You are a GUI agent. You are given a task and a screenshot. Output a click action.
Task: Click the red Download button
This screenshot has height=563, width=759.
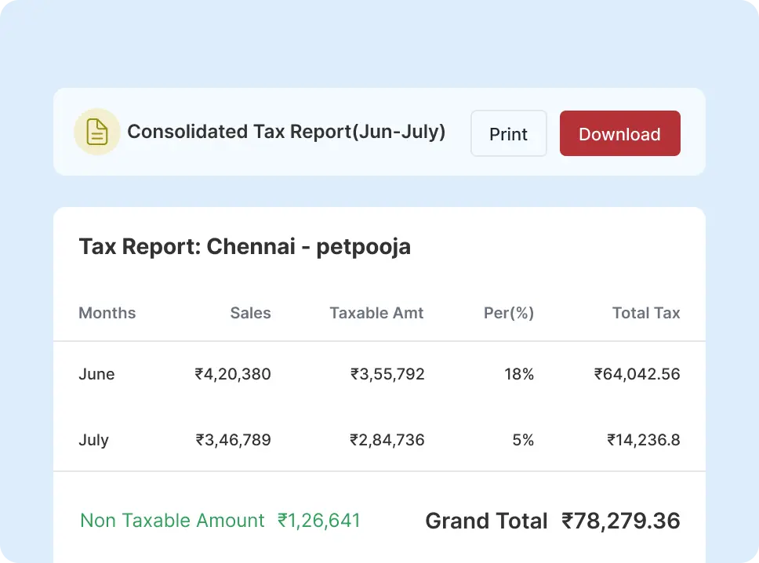619,133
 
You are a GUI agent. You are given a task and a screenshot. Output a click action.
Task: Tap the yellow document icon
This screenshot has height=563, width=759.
96,132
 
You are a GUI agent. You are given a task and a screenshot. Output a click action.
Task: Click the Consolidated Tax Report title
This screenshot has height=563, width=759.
286,132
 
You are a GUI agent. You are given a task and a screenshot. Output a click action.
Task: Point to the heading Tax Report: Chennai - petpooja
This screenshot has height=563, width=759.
245,247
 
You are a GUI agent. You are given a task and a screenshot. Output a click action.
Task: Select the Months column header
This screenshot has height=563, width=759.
107,313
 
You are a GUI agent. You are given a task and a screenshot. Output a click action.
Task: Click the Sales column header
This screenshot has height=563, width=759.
250,313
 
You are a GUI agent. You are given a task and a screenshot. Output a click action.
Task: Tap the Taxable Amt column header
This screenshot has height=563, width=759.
376,313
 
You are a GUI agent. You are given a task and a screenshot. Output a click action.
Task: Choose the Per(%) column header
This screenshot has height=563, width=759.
509,313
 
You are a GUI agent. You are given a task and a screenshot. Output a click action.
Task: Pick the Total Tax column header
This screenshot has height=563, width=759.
646,313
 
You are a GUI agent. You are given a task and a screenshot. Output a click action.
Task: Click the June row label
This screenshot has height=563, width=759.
96,374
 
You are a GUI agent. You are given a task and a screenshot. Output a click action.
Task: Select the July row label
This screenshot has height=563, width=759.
93,440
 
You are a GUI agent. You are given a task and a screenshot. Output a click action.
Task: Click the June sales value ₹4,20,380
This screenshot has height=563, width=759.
233,374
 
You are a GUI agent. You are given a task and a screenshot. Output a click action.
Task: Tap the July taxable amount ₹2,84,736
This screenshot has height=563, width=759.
387,440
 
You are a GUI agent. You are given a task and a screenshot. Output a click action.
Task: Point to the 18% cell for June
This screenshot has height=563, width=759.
519,374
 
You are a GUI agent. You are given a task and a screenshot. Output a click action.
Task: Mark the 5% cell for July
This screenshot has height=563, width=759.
523,440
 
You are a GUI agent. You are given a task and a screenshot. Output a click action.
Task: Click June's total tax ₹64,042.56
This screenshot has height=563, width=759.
637,374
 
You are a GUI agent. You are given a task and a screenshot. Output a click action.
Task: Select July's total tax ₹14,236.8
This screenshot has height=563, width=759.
643,440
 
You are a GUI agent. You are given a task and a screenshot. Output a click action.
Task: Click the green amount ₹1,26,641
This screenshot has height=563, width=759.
319,521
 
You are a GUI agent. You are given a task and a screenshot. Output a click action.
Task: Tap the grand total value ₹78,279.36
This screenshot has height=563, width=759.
620,521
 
